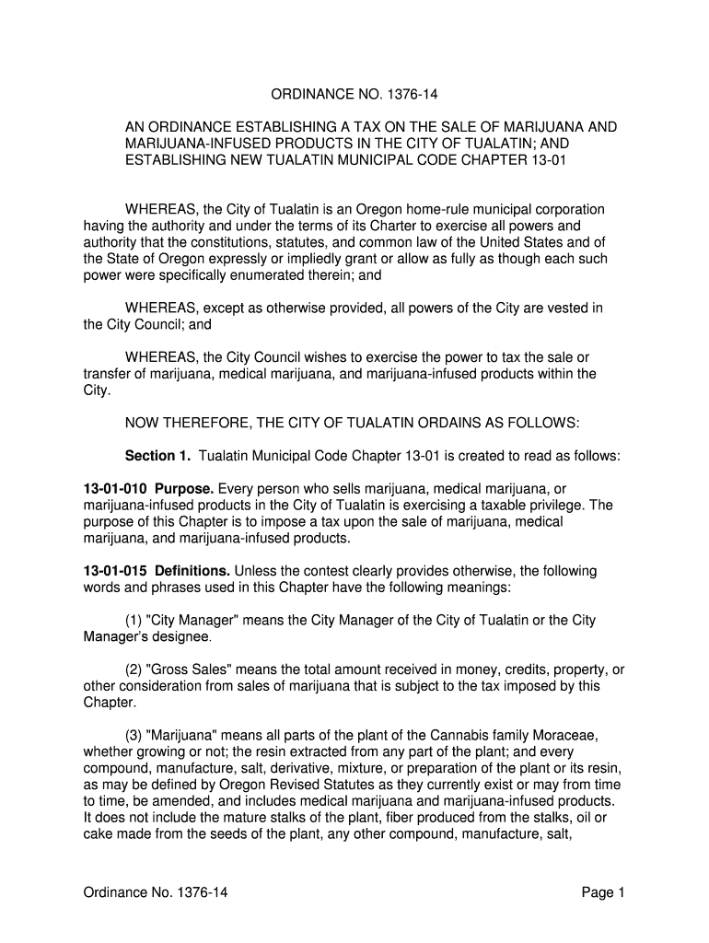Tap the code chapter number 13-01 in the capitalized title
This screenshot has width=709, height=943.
(x=548, y=161)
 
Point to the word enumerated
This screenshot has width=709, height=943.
(x=296, y=275)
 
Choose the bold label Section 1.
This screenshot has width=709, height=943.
(x=157, y=456)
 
